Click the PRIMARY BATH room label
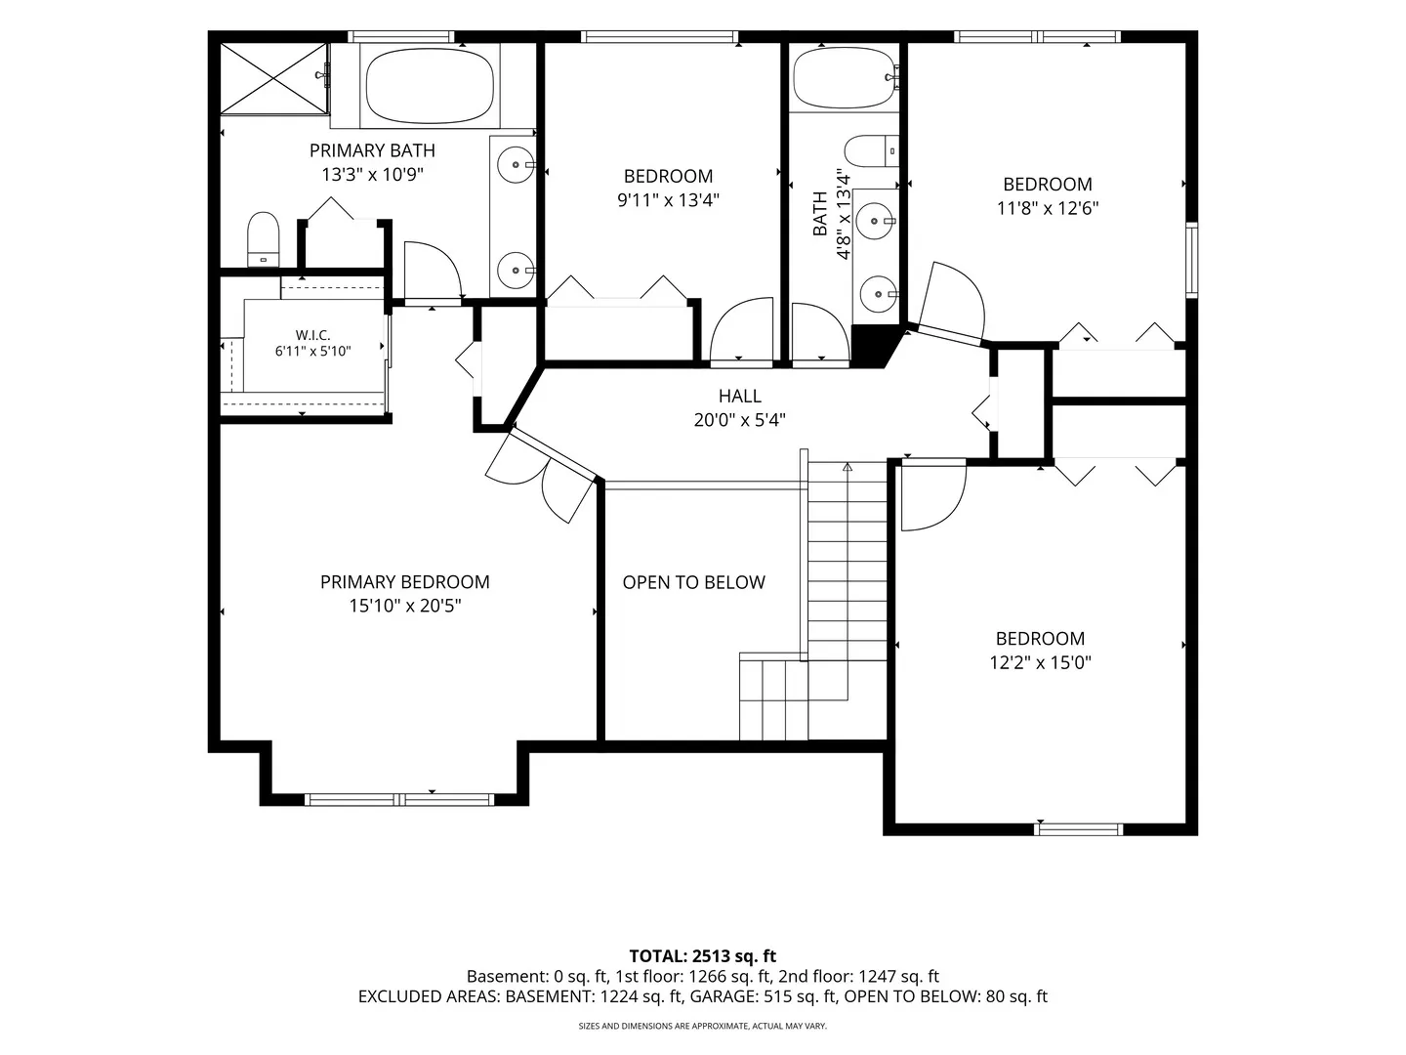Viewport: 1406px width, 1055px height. (372, 150)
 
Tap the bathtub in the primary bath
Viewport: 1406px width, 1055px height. (430, 86)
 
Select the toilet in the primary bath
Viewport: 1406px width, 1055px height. (264, 239)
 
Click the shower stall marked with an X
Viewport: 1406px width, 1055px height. (273, 79)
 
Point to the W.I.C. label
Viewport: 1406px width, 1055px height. (313, 335)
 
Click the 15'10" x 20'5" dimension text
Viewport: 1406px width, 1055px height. (405, 606)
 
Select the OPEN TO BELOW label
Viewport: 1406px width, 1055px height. (693, 582)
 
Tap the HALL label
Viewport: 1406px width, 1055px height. (740, 396)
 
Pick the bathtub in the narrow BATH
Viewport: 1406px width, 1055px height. (844, 77)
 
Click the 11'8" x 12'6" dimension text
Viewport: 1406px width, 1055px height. (1048, 208)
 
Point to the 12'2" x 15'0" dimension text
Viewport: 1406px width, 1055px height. (1040, 662)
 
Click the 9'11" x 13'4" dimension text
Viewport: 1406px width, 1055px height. (668, 200)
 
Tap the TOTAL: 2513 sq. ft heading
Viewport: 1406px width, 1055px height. (703, 956)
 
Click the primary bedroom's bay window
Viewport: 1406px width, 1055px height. (399, 799)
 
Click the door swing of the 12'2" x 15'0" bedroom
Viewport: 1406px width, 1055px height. (933, 496)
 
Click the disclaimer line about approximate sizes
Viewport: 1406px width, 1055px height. (703, 1026)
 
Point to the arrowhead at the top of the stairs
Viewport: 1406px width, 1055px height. (848, 466)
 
